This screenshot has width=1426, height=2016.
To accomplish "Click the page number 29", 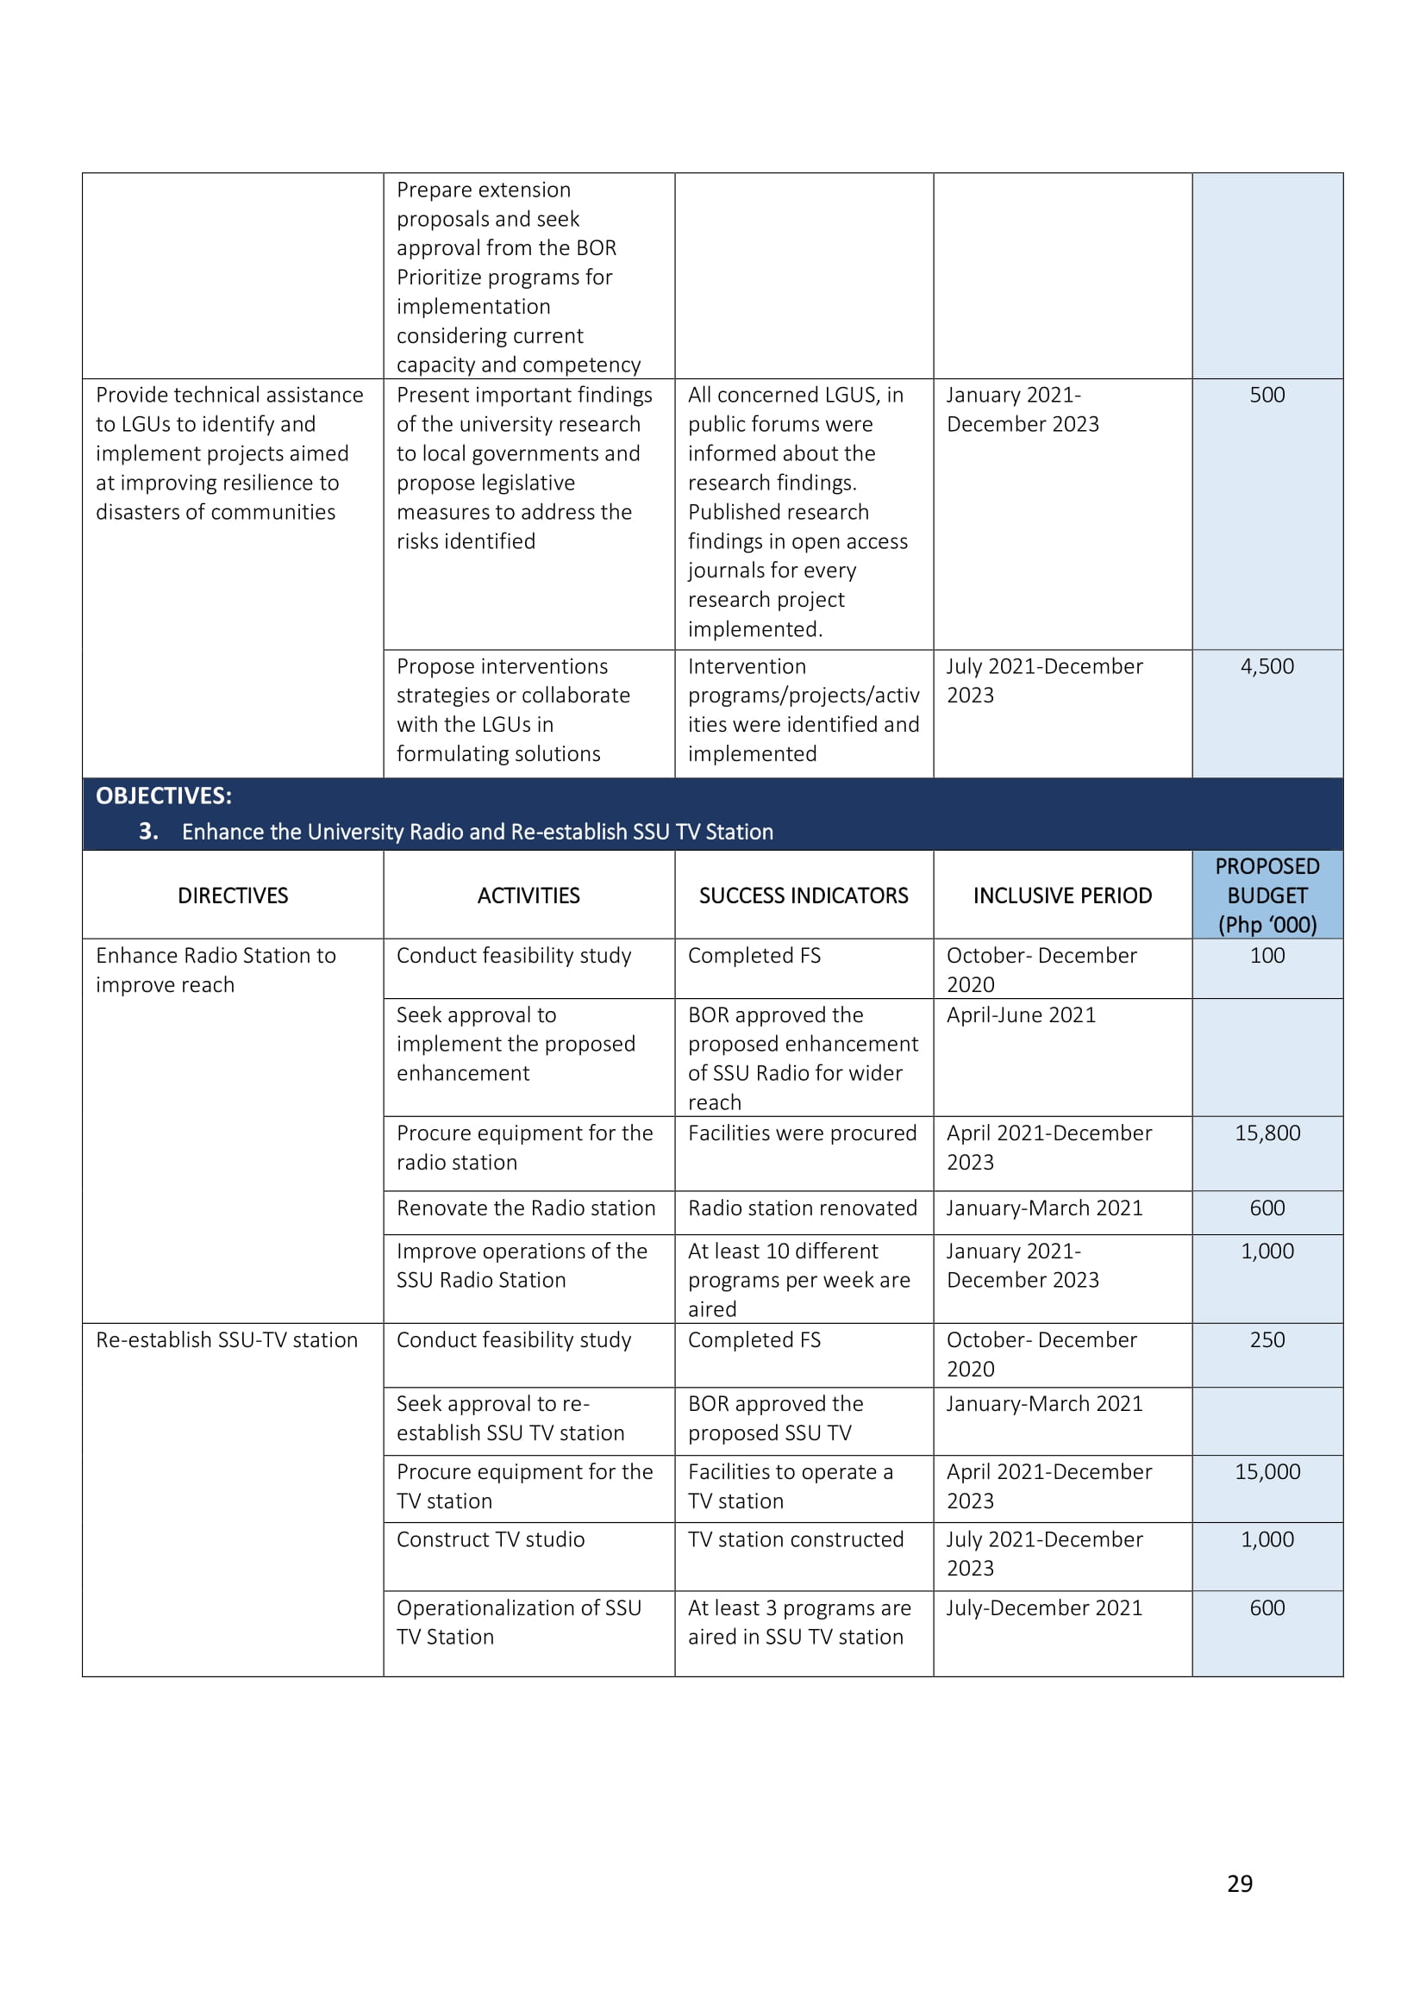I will tap(1239, 1883).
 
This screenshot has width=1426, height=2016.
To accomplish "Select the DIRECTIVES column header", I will tap(233, 896).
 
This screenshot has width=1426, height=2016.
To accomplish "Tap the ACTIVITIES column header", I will tap(528, 896).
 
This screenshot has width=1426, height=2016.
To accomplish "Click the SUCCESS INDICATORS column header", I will tap(804, 896).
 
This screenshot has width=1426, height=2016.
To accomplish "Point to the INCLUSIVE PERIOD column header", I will tap(1061, 896).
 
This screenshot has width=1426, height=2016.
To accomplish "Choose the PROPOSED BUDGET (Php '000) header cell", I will tap(1267, 896).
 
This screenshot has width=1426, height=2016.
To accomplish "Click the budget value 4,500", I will tap(1267, 666).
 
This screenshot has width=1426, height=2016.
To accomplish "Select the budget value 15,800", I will tap(1267, 1133).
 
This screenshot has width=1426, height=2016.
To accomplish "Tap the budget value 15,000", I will tap(1267, 1471).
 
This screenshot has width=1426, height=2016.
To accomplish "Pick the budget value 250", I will tap(1267, 1340).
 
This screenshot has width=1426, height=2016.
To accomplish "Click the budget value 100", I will tap(1267, 955).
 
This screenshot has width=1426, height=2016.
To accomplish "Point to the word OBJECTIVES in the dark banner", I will tap(163, 796).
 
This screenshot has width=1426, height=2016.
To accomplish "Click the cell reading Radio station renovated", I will tap(803, 1208).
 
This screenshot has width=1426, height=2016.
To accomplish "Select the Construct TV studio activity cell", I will tap(490, 1539).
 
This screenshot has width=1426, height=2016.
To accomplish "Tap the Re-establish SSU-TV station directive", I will tap(227, 1340).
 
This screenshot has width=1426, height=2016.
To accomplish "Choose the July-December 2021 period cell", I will tap(1044, 1607).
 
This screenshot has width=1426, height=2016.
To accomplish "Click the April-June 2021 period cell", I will tap(1020, 1015).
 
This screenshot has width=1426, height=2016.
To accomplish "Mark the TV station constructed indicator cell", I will tap(796, 1539).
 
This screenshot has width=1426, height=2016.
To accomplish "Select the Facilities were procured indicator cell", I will tap(802, 1133).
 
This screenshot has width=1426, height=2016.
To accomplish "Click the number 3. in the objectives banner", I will tap(148, 832).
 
